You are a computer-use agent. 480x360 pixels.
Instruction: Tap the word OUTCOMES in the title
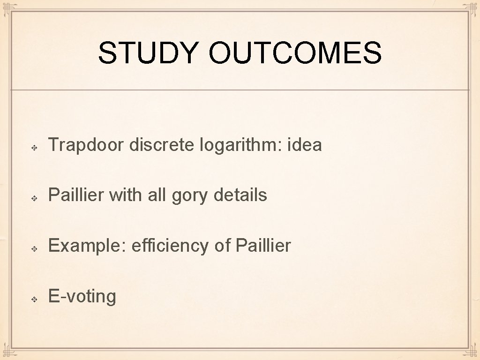(295, 53)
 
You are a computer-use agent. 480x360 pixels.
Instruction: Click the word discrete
(162, 145)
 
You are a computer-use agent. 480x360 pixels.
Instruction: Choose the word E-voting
(82, 297)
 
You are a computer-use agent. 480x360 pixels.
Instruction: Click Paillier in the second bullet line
(76, 195)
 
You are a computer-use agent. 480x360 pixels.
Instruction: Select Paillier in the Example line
(263, 246)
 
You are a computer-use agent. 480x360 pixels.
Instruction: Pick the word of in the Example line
(223, 246)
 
